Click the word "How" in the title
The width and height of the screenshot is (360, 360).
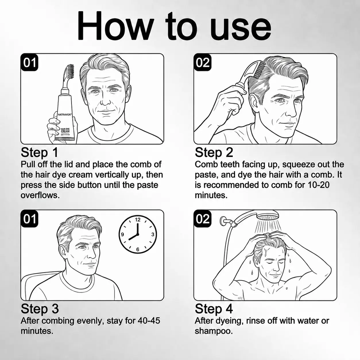(x=116, y=25)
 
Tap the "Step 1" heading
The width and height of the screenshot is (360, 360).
(x=39, y=153)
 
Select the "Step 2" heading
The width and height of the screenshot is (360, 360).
(x=214, y=153)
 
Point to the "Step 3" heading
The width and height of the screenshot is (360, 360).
(x=40, y=309)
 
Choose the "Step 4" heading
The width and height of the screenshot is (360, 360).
(x=214, y=309)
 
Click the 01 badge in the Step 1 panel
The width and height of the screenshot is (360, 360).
(x=29, y=62)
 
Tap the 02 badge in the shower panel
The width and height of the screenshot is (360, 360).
(x=202, y=219)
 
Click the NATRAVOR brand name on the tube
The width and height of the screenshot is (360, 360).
(x=64, y=115)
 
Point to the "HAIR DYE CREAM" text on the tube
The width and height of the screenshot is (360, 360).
(x=65, y=130)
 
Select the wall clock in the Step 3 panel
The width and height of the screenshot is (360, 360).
(x=138, y=235)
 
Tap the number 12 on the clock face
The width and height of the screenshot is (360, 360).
(x=138, y=220)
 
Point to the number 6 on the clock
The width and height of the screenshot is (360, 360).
(x=138, y=249)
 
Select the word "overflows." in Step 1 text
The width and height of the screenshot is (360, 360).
(x=40, y=196)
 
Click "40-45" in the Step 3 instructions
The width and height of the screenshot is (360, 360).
(x=149, y=321)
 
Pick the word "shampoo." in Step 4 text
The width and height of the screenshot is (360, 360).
(x=214, y=331)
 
